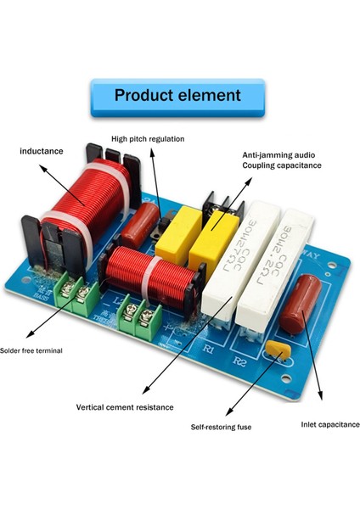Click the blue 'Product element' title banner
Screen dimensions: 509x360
pos(177,96)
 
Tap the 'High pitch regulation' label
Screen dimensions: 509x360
pos(148,138)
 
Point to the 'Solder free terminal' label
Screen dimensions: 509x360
pos(31,350)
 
